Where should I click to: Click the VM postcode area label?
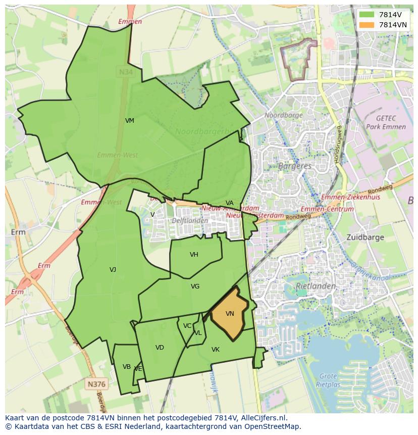coord(130,121)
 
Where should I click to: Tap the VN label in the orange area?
coord(230,314)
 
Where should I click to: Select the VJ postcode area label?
coord(113,270)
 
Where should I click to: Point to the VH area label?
coord(194,255)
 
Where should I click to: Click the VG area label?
coord(195,286)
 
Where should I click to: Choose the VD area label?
coord(160,348)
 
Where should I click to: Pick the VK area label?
coord(216,350)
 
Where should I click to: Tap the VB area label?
coord(127,367)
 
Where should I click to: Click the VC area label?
coord(187,326)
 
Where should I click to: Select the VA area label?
coord(230,203)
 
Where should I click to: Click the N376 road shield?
coord(96,384)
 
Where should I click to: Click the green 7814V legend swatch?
coord(367,15)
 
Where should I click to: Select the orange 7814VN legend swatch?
coord(367,25)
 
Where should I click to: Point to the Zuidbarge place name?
coord(365,237)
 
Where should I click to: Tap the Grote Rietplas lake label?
coord(328,380)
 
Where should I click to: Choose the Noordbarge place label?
coord(284,115)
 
